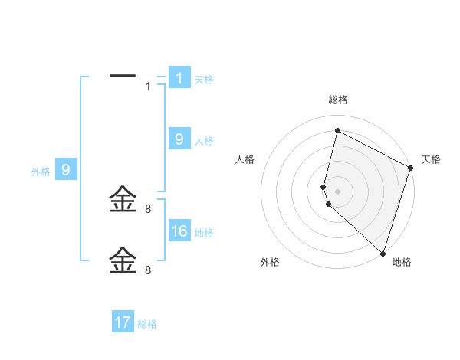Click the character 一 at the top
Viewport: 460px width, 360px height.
[123, 76]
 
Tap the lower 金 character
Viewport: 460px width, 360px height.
[123, 260]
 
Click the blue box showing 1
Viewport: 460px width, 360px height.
[179, 77]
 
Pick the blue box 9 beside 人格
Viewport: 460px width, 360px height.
[179, 139]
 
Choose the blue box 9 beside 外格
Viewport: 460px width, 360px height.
[66, 170]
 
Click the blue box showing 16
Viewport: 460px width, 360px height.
[179, 231]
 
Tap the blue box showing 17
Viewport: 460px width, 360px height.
[123, 322]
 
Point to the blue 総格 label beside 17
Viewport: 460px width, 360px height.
[147, 324]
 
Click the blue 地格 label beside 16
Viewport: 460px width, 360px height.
[204, 233]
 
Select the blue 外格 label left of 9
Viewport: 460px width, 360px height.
[41, 172]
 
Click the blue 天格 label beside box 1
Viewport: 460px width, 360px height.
[204, 79]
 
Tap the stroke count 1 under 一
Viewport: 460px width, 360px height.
[148, 87]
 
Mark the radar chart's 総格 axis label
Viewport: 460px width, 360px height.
[337, 100]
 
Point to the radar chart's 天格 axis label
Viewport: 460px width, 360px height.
[431, 159]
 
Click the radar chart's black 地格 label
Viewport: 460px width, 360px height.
[402, 262]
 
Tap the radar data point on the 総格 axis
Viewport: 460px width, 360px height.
[337, 130]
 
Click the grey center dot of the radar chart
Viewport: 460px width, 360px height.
[337, 191]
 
